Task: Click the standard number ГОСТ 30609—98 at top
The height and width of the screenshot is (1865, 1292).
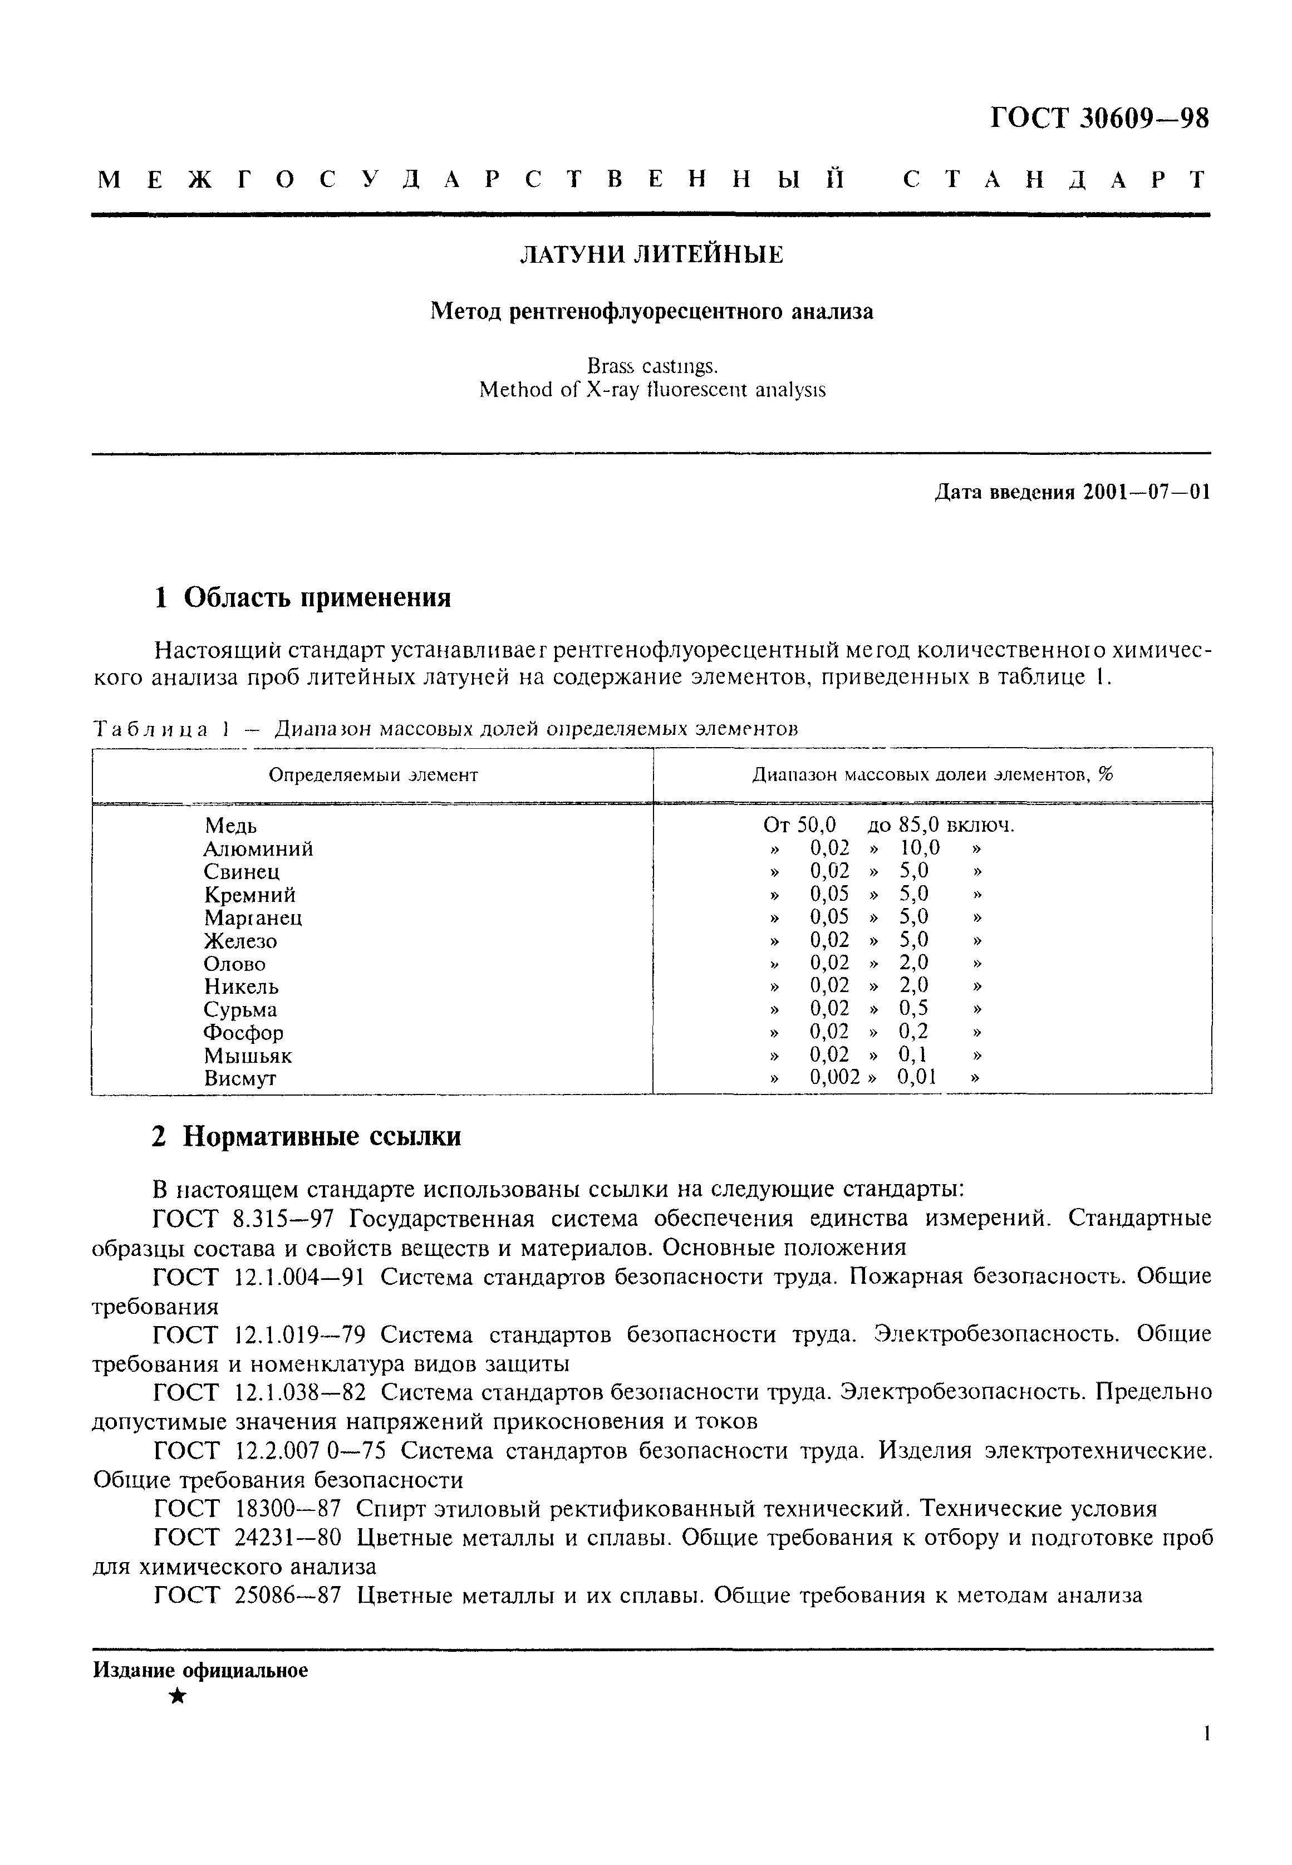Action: [1099, 120]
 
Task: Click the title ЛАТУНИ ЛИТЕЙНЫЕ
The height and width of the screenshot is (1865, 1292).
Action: [651, 255]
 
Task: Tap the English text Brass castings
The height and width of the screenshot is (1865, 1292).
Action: [652, 367]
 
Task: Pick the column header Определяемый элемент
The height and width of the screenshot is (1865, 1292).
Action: [372, 774]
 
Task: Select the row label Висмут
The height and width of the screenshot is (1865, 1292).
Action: [240, 1078]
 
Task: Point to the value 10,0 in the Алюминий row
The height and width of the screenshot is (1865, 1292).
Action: [920, 848]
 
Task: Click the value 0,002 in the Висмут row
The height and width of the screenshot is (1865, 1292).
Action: [834, 1077]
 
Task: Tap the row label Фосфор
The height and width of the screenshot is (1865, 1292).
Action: [244, 1033]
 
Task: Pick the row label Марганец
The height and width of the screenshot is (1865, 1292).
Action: [253, 918]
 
